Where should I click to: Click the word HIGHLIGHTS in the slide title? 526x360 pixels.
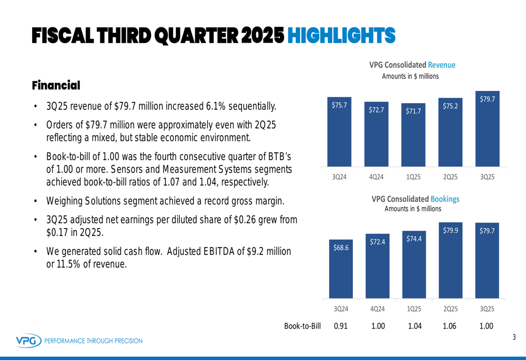pos(342,35)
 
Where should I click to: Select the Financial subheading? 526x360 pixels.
pos(56,85)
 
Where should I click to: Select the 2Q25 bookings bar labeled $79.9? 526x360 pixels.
pos(450,260)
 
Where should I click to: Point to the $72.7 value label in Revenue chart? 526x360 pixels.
pos(376,110)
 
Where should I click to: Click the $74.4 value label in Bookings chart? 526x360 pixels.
pos(414,239)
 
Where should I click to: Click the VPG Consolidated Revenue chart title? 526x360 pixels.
pos(412,65)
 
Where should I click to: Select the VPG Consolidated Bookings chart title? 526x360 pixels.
pos(415,199)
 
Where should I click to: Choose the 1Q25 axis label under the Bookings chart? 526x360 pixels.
pos(414,308)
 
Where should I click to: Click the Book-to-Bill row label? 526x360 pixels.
pos(302,326)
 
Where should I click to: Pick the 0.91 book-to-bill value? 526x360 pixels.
pos(341,326)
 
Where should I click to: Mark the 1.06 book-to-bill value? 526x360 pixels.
pos(450,326)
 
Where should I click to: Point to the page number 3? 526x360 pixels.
pos(514,337)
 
